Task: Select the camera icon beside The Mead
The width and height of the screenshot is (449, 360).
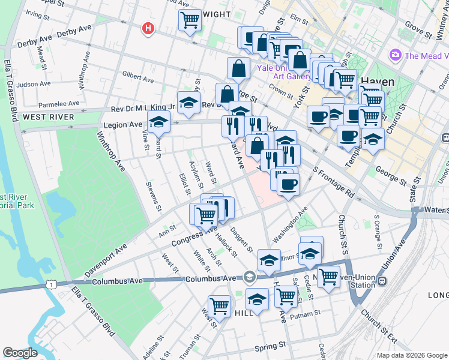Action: (395, 56)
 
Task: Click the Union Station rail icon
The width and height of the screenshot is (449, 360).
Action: (382, 281)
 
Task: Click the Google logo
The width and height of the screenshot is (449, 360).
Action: (20, 353)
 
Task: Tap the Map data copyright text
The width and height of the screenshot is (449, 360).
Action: (411, 355)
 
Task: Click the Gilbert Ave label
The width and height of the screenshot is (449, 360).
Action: (137, 77)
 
